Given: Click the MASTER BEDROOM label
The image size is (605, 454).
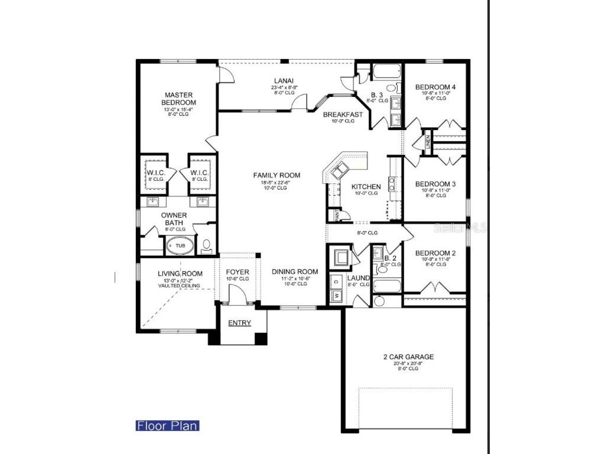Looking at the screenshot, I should click(179, 99).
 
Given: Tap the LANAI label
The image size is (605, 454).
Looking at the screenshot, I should click(284, 81).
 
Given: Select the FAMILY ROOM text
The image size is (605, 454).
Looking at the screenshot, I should click(277, 175).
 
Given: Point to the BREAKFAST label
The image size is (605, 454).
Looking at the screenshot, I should click(343, 115).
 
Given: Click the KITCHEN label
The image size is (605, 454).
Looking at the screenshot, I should click(366, 187).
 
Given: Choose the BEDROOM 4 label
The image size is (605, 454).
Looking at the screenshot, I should click(435, 87).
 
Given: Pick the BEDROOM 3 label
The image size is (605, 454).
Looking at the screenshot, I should click(435, 184).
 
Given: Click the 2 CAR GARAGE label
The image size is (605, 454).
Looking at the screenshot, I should click(408, 356).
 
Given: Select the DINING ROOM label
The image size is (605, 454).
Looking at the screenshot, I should click(295, 272).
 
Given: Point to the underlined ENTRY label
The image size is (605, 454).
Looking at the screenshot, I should click(239, 323).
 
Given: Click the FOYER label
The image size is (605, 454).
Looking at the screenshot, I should click(238, 272).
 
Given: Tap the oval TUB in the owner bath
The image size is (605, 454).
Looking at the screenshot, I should click(180, 245).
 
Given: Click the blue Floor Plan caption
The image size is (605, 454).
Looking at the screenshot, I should click(167, 426).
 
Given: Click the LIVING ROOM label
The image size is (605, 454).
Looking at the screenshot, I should click(180, 274).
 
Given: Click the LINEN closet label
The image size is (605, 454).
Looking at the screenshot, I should click(427, 142).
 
